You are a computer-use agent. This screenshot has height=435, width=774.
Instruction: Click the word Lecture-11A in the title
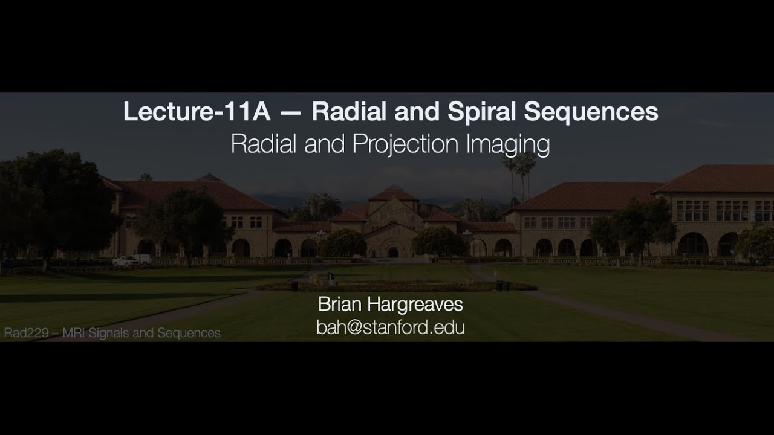tap(187, 112)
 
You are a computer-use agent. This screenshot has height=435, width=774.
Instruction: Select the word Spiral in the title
tap(483, 112)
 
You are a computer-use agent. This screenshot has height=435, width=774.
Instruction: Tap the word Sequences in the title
tap(591, 112)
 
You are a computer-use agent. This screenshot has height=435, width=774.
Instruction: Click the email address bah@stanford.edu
tap(390, 327)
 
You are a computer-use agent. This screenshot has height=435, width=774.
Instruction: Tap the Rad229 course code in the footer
tap(24, 333)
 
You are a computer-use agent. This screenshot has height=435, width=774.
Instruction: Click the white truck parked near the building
tap(132, 260)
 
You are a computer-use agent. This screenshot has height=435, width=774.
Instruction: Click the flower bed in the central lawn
tap(393, 286)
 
